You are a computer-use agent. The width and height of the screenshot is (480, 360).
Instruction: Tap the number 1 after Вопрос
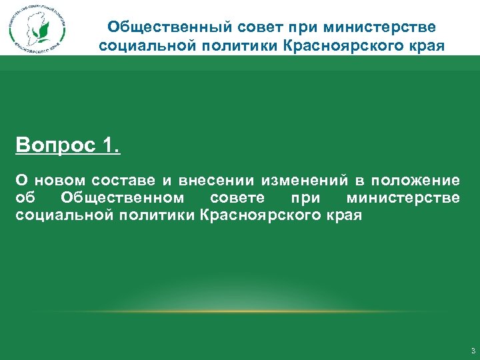111,146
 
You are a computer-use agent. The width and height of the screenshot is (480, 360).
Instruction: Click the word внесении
214,181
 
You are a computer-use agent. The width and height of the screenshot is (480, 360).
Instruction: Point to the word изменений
303,181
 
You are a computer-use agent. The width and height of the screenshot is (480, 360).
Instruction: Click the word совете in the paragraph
237,198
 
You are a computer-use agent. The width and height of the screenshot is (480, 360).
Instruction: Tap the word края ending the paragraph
344,215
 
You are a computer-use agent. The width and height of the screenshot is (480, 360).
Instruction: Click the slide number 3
473,351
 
